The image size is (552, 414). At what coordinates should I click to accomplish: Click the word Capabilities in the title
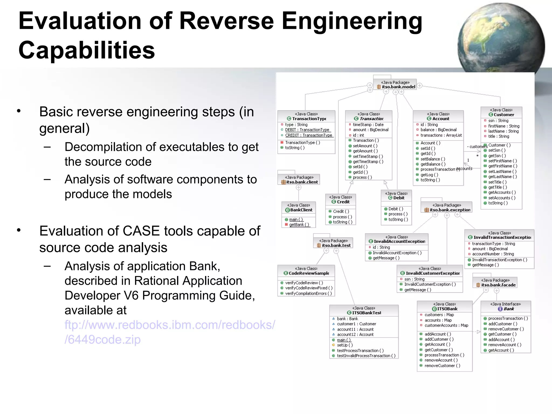(87, 50)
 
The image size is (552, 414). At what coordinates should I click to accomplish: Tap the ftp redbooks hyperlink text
(170, 332)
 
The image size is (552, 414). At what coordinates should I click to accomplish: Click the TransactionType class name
(309, 119)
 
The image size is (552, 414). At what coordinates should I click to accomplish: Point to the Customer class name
(503, 115)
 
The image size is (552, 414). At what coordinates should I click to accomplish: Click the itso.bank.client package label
(302, 182)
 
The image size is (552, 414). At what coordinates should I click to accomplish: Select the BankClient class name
(301, 210)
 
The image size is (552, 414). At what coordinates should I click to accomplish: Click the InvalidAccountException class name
(399, 241)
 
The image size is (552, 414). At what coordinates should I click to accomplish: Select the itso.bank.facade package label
(498, 285)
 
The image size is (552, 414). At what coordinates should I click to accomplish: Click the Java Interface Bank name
(508, 309)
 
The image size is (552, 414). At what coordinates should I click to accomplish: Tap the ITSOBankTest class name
(366, 313)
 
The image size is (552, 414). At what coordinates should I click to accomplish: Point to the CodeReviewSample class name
(309, 273)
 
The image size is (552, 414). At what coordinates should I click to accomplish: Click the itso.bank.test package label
(336, 245)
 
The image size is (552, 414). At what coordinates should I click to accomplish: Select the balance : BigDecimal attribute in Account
(438, 130)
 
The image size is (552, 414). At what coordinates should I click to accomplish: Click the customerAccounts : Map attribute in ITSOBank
(446, 325)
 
